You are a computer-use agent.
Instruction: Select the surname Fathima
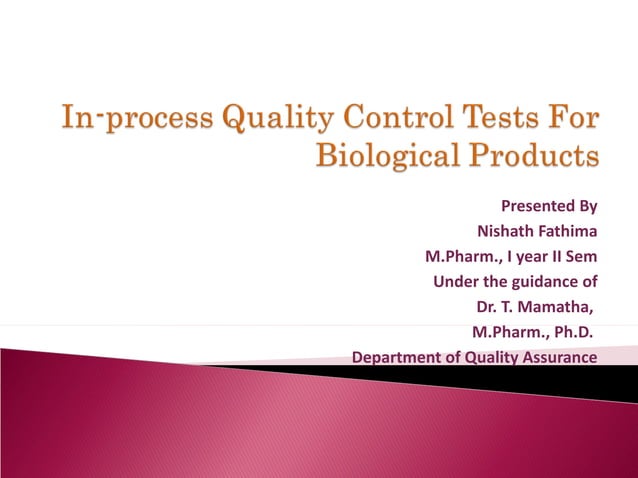(567, 232)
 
